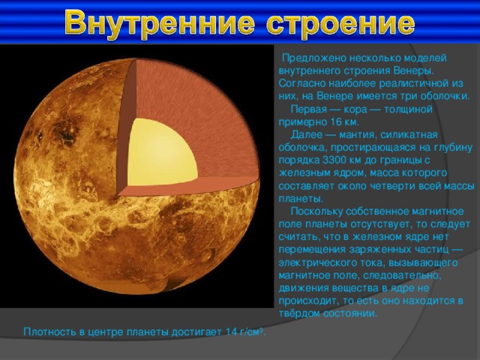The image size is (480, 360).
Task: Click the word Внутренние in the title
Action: tap(160, 22)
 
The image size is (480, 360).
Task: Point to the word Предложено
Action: tap(314, 58)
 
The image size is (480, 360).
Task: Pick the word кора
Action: tap(355, 109)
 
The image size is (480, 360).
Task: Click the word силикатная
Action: tap(409, 135)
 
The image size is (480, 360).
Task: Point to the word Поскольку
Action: tap(316, 211)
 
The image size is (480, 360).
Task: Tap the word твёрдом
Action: tap(299, 313)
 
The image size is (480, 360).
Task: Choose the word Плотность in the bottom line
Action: tap(50, 331)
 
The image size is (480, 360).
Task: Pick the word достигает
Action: tap(196, 332)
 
